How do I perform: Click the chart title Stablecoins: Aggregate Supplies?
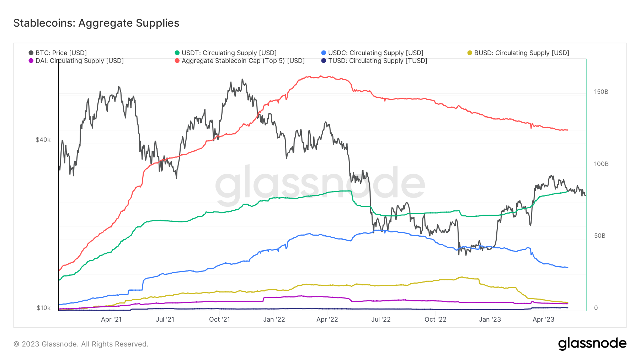96,23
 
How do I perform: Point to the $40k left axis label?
43,140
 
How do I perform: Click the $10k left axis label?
43,308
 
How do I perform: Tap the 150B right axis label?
601,92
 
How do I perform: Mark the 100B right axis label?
601,164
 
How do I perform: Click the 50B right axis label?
599,236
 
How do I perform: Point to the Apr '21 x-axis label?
111,319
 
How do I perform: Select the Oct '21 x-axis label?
219,319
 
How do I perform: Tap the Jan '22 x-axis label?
274,319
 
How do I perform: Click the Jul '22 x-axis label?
381,319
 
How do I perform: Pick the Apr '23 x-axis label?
543,319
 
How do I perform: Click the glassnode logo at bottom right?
592,344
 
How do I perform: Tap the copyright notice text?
81,344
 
